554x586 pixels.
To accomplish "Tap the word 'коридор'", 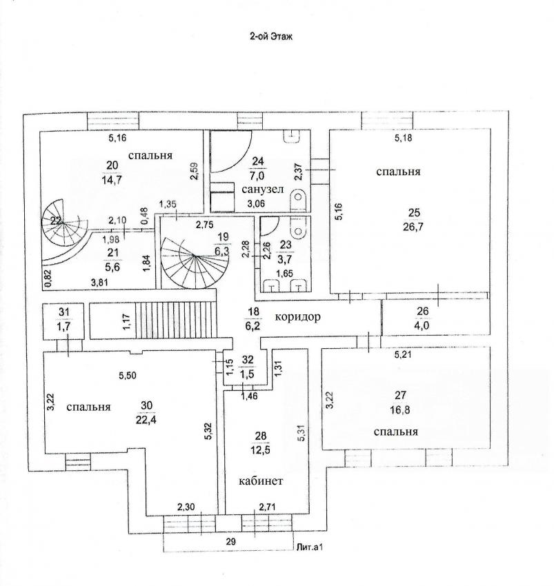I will click(299, 317).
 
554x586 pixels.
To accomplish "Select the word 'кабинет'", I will click(261, 481).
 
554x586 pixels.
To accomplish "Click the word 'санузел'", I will click(261, 189).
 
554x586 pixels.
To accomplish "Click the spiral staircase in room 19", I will click(191, 261).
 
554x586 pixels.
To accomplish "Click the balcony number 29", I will click(231, 543).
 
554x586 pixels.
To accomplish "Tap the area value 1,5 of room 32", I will click(247, 373).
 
